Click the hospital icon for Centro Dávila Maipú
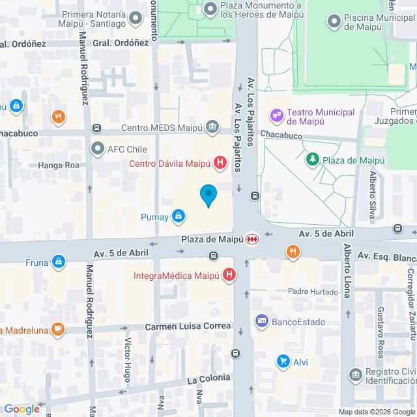click(x=221, y=163)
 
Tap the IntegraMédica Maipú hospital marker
click(x=229, y=276)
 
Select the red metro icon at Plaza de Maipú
click(x=252, y=239)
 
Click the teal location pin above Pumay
click(x=208, y=195)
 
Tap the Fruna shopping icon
click(x=59, y=261)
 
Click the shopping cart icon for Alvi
click(x=283, y=361)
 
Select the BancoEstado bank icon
click(x=262, y=321)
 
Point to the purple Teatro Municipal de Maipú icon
click(x=278, y=115)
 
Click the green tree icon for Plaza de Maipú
click(x=313, y=159)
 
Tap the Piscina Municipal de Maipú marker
click(x=334, y=22)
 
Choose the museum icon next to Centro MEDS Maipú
click(x=212, y=126)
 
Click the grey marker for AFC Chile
click(x=98, y=149)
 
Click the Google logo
click(x=21, y=409)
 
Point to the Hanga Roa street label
click(x=59, y=165)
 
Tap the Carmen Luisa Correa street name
click(x=188, y=326)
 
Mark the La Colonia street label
click(x=208, y=378)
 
